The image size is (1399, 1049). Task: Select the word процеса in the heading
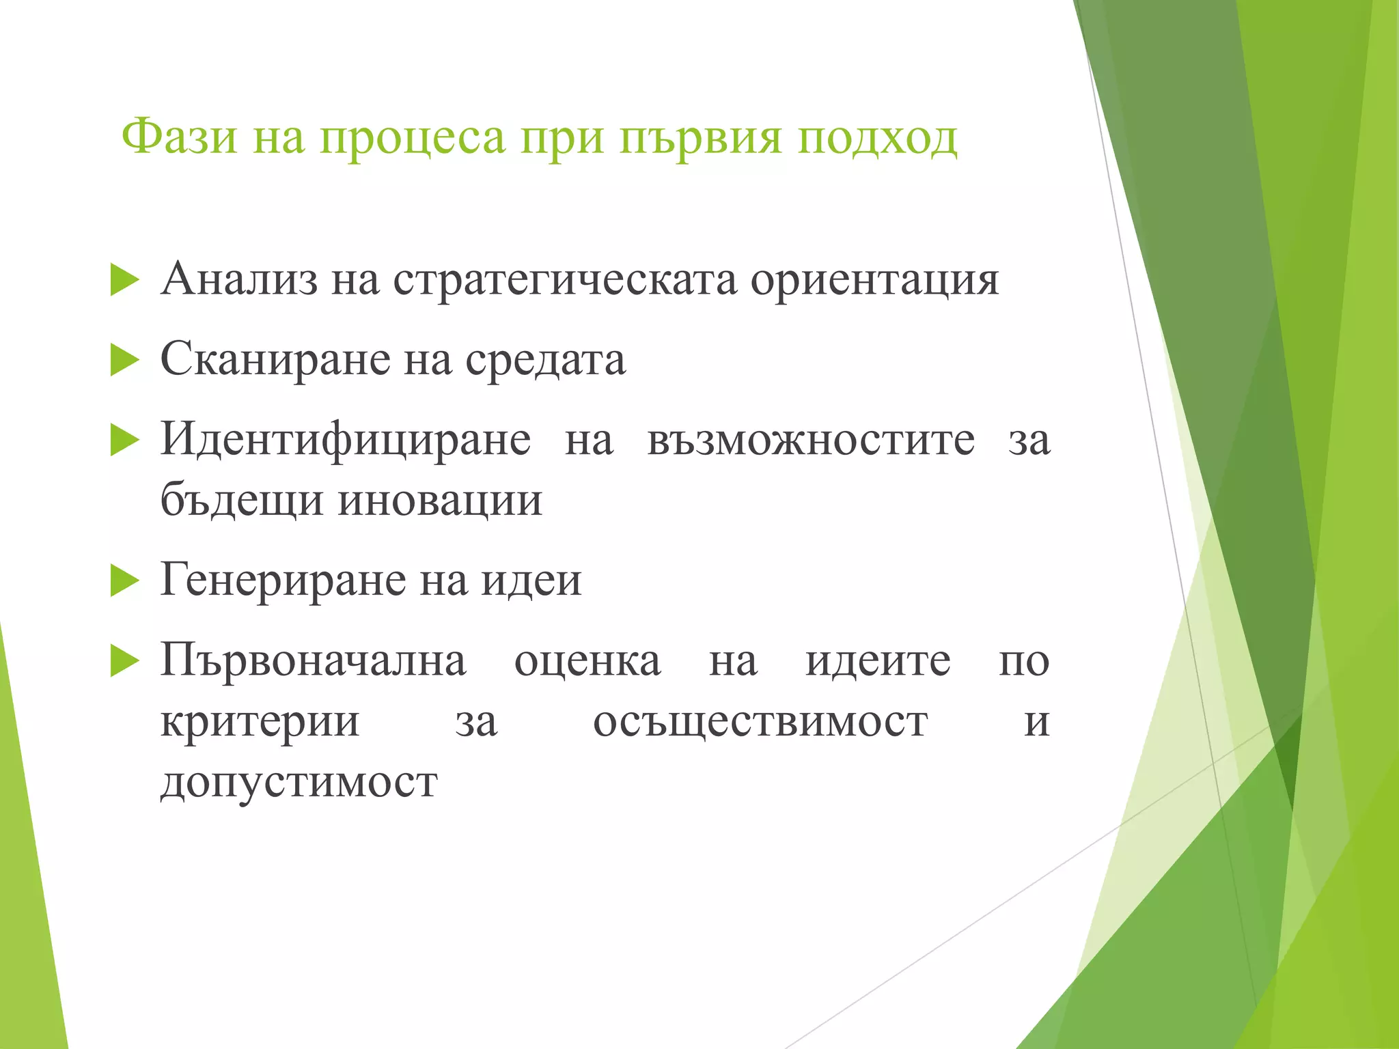pyautogui.click(x=413, y=139)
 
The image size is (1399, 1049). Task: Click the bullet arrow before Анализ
pyautogui.click(x=124, y=281)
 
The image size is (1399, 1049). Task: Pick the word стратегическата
pyautogui.click(x=565, y=281)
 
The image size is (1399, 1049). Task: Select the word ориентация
pyautogui.click(x=874, y=281)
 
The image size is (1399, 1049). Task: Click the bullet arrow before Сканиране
pyautogui.click(x=124, y=361)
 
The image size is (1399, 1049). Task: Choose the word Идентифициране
pyautogui.click(x=346, y=439)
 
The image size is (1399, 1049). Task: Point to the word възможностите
pyautogui.click(x=811, y=439)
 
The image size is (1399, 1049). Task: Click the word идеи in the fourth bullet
pyautogui.click(x=531, y=581)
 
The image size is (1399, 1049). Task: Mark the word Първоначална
pyautogui.click(x=313, y=660)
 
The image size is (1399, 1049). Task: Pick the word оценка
pyautogui.click(x=587, y=661)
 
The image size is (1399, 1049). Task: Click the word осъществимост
pyautogui.click(x=760, y=722)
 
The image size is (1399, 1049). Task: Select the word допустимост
pyautogui.click(x=299, y=783)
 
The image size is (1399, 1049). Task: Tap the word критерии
pyautogui.click(x=260, y=722)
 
